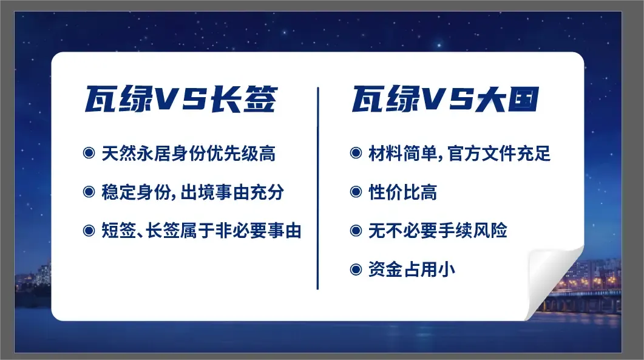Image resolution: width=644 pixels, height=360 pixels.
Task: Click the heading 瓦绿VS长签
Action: (x=181, y=99)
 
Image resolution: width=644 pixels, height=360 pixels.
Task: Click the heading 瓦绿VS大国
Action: (x=445, y=99)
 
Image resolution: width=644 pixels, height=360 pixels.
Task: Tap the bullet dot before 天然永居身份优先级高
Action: (x=89, y=153)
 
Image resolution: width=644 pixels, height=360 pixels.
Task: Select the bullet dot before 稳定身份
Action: (x=89, y=191)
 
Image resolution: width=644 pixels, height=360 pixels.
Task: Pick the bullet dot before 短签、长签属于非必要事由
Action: (x=89, y=230)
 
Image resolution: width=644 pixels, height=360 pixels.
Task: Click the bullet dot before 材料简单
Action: (x=356, y=153)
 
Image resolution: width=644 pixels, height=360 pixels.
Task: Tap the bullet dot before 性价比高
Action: (x=356, y=191)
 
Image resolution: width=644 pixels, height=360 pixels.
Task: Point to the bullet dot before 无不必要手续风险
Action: (x=356, y=230)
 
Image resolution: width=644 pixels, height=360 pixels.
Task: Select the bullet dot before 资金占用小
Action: (x=356, y=270)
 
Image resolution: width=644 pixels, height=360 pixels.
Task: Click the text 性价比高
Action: (x=402, y=192)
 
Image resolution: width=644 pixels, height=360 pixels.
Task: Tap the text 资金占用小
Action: (x=412, y=270)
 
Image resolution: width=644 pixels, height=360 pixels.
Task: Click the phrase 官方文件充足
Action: (x=499, y=153)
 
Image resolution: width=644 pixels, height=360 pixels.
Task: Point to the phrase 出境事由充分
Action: (x=232, y=192)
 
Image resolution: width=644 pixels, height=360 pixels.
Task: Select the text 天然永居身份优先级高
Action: (x=189, y=153)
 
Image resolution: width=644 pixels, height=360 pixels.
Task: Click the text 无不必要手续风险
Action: (x=438, y=231)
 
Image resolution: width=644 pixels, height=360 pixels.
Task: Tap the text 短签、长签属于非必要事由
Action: (x=202, y=231)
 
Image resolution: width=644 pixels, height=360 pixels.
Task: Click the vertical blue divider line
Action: (x=317, y=188)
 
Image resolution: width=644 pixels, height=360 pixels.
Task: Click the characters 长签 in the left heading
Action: (x=244, y=99)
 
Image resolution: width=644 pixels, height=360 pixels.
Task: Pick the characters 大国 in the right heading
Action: (x=507, y=99)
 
